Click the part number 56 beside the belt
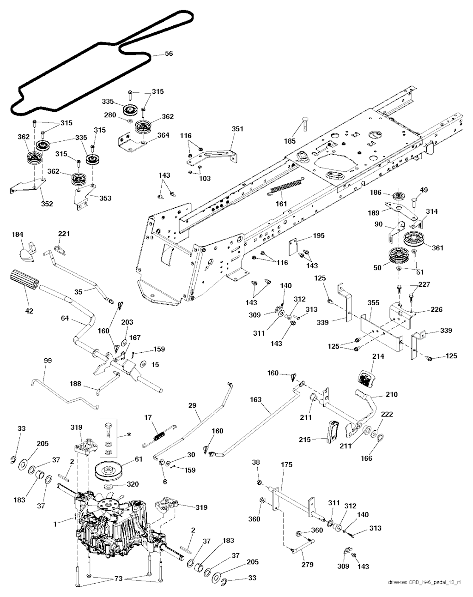pos(169,54)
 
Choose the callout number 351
pos(237,129)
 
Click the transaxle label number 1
pos(56,524)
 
